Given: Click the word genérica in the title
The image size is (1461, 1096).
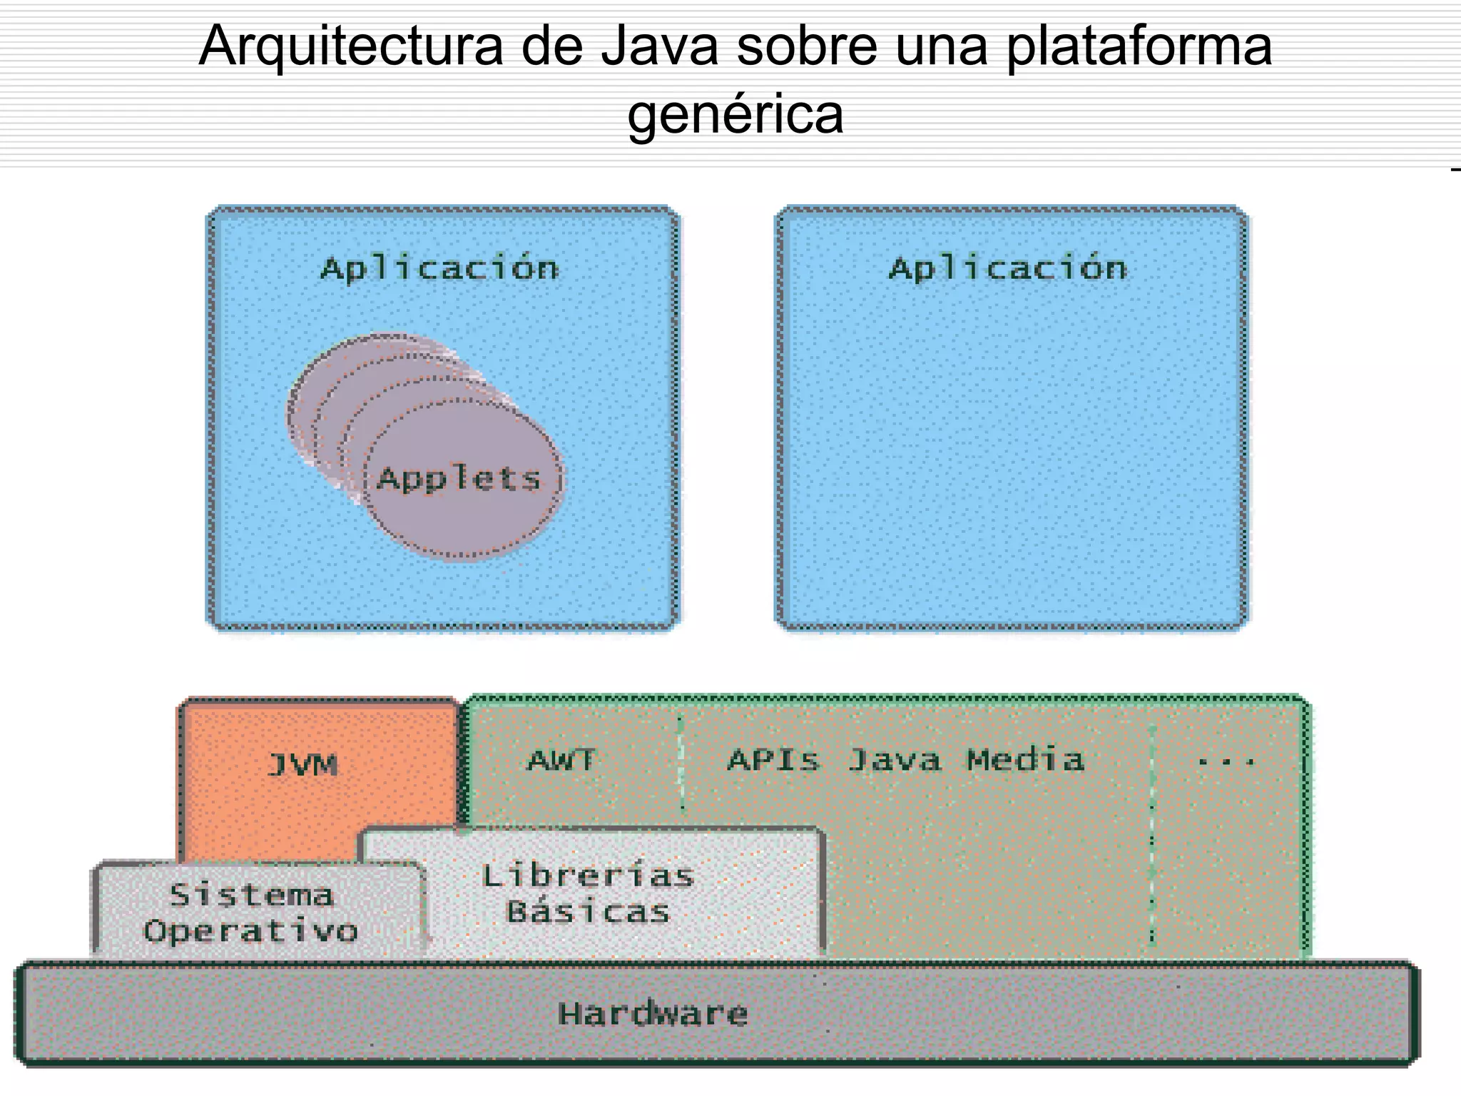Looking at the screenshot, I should (x=735, y=114).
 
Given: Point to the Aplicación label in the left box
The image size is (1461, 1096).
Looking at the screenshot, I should (x=439, y=269).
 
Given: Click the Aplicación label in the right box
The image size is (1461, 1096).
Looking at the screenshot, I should (x=1007, y=269).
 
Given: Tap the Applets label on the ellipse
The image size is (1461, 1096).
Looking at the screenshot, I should (x=459, y=479).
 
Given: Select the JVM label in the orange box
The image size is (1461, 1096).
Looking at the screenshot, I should (x=302, y=765).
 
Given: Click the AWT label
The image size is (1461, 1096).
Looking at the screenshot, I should (x=561, y=761).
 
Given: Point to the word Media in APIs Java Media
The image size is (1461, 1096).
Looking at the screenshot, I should (x=1025, y=761).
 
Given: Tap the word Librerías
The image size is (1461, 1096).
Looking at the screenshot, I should (x=588, y=876).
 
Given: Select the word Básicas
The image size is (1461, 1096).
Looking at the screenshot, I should (x=588, y=912).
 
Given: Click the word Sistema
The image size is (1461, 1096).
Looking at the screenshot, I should (x=251, y=895).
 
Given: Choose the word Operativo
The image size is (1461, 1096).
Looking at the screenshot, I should (x=250, y=931).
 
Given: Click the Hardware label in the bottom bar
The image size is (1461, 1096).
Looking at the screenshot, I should (x=653, y=1014).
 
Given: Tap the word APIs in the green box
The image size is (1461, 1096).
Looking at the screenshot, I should (x=773, y=761).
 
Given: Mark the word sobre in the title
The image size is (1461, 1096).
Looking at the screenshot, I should (x=807, y=46).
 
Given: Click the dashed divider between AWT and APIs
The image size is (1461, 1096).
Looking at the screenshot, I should (x=681, y=763).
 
